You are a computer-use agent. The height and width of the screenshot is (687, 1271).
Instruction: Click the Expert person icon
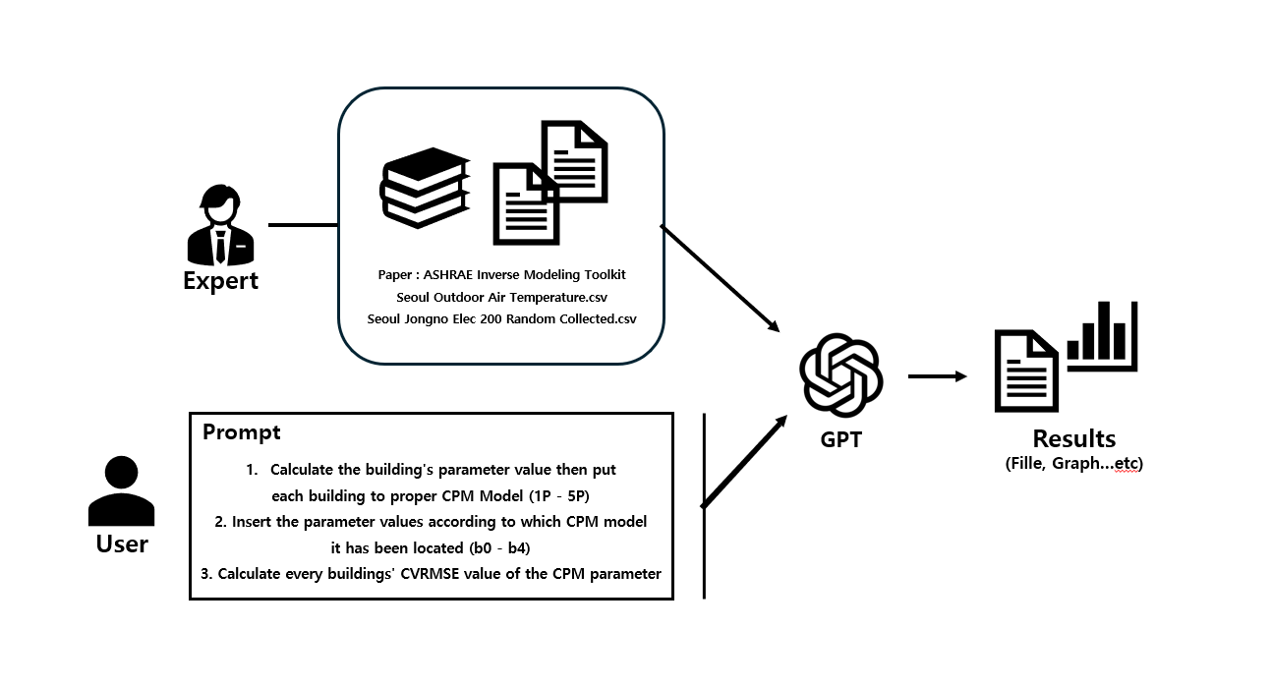click(220, 225)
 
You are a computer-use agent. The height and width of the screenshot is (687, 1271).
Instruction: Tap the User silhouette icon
click(122, 490)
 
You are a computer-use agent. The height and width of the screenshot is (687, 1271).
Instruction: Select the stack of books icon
click(425, 188)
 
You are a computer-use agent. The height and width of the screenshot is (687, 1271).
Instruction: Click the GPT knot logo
click(840, 375)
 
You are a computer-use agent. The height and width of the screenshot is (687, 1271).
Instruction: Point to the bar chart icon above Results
click(1103, 336)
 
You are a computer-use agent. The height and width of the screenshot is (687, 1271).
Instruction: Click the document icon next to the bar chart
click(1026, 371)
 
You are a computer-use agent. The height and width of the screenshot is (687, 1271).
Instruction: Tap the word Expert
click(220, 281)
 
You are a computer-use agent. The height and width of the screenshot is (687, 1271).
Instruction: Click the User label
click(122, 544)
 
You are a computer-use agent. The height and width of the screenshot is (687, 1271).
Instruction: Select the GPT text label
click(840, 439)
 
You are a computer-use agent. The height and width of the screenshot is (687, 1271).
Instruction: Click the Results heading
click(1074, 438)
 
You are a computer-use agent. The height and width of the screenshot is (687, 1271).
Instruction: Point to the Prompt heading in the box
click(241, 432)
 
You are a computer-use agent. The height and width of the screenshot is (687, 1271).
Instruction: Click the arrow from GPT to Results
click(938, 376)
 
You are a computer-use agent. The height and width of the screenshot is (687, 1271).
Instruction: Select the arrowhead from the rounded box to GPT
click(774, 326)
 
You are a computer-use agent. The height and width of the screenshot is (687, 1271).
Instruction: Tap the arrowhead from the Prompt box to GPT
click(780, 422)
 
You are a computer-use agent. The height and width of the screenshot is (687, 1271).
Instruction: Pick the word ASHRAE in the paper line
click(447, 274)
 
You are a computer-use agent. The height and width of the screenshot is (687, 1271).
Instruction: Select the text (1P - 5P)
click(559, 496)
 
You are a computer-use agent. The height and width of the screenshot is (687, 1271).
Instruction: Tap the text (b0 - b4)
click(499, 548)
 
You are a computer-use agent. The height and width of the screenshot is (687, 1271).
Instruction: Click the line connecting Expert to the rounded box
click(303, 225)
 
